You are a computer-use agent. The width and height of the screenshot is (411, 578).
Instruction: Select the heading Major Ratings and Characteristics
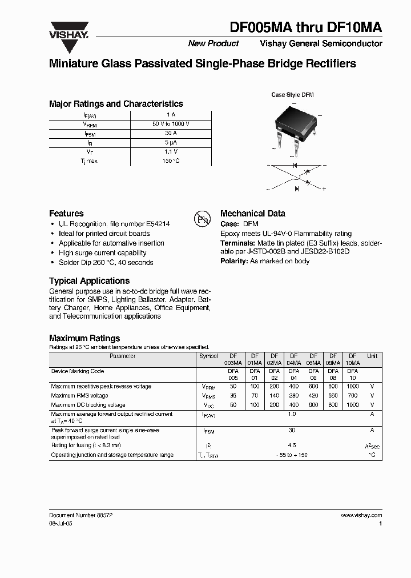click(x=116, y=104)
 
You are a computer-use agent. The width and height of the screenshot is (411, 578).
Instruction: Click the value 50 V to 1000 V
click(x=171, y=124)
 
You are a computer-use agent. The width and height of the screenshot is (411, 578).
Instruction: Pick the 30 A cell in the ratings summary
click(x=171, y=133)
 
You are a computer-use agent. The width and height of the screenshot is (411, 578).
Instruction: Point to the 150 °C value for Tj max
click(x=171, y=161)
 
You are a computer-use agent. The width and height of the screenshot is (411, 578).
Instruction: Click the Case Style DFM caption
click(x=292, y=95)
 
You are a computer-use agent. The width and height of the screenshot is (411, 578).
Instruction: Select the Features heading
click(x=66, y=214)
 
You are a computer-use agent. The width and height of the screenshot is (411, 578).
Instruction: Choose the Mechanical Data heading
click(x=252, y=214)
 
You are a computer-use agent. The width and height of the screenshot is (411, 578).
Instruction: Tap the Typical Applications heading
click(x=89, y=281)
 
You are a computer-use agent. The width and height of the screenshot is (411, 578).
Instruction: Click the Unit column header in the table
click(x=372, y=356)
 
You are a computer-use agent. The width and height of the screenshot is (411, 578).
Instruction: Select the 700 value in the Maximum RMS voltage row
click(x=352, y=395)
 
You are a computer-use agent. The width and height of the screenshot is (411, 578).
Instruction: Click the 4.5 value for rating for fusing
click(x=292, y=445)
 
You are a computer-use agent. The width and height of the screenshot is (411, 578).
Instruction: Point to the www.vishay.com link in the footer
click(x=361, y=515)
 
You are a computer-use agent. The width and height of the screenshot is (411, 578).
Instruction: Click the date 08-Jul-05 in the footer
click(x=61, y=523)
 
